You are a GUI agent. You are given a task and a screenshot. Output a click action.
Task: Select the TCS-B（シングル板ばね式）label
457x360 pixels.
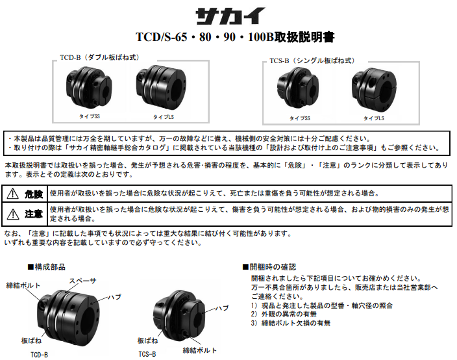[x=312, y=60]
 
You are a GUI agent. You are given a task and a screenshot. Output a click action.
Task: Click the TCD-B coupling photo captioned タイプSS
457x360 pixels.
[x=88, y=89]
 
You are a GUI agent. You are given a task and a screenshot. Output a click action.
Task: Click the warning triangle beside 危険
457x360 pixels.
[x=13, y=194]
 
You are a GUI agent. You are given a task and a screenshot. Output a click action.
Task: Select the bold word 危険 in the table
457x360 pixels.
[x=34, y=194]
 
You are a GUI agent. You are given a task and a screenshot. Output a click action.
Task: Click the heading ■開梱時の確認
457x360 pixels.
[x=268, y=267]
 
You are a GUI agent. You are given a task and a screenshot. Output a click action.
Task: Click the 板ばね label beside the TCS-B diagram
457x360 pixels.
[x=147, y=340]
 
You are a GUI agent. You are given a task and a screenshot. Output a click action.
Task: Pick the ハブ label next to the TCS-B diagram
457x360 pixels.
[x=222, y=307]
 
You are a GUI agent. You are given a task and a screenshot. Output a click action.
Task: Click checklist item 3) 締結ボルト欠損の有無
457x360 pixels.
[x=290, y=323]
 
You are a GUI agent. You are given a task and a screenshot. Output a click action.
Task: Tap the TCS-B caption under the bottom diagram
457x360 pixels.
[x=147, y=355]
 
